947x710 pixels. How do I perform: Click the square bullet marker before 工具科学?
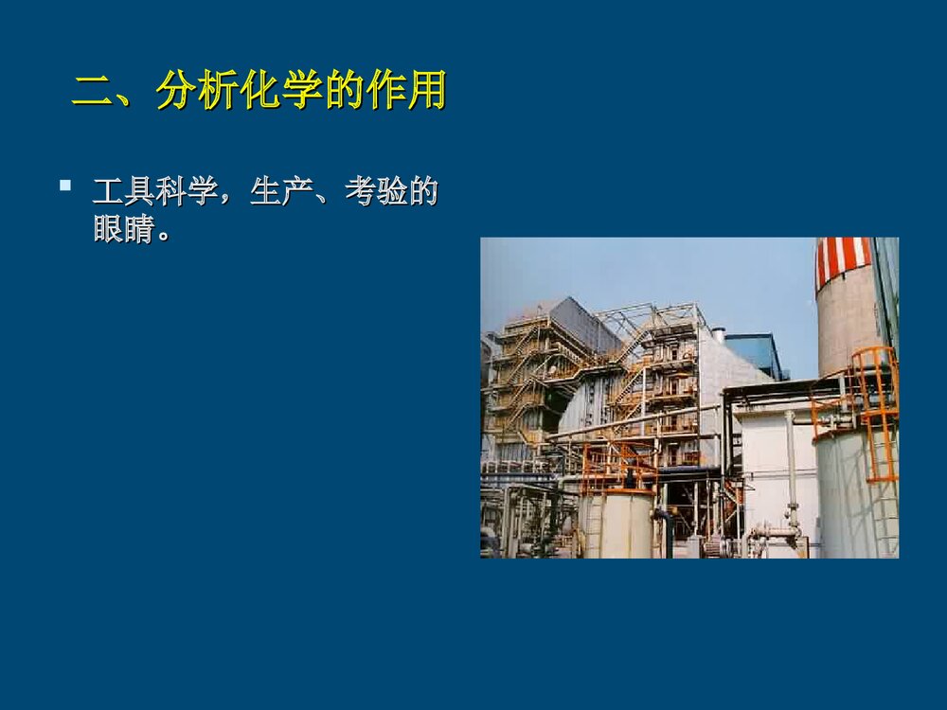(x=65, y=186)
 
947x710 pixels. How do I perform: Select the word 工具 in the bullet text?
(x=124, y=192)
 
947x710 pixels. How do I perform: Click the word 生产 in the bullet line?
(x=281, y=192)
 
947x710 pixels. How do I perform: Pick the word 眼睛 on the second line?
(x=124, y=229)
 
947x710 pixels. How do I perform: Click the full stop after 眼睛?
(x=165, y=233)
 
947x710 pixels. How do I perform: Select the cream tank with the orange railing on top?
(x=616, y=523)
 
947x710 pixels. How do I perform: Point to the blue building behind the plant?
(x=758, y=352)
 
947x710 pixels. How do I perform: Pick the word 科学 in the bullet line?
(x=187, y=192)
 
